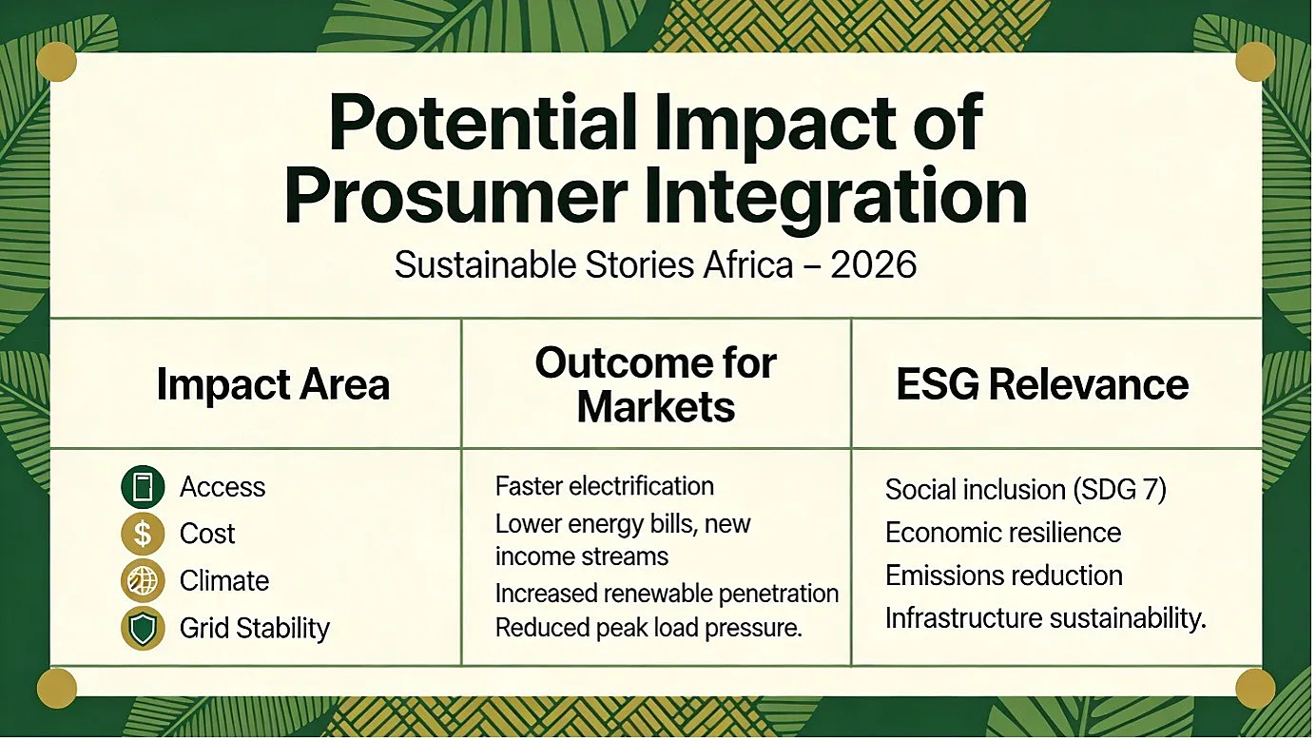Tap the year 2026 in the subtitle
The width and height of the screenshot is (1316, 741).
click(x=874, y=265)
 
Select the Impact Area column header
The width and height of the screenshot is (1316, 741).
click(x=273, y=384)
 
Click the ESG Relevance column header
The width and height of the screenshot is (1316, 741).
click(x=1043, y=384)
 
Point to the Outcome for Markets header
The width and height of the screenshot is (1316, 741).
click(x=656, y=385)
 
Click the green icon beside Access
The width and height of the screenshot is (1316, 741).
click(x=143, y=487)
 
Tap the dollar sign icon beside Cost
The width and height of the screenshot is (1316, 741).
click(x=143, y=534)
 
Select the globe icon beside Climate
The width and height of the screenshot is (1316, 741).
click(x=143, y=580)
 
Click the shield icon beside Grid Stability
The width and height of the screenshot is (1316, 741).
click(x=143, y=628)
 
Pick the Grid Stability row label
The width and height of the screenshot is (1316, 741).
click(x=255, y=629)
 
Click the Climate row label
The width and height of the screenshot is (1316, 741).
click(x=224, y=581)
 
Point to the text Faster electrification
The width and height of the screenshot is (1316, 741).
click(x=605, y=487)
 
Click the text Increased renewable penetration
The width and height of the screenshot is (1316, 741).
click(x=667, y=594)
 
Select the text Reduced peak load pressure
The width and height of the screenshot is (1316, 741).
click(x=648, y=628)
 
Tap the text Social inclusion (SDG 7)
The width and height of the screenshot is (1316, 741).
click(x=1026, y=490)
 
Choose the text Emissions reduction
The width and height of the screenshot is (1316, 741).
click(x=1004, y=575)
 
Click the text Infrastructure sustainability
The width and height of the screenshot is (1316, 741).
click(x=1046, y=619)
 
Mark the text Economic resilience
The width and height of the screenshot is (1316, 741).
click(x=1003, y=533)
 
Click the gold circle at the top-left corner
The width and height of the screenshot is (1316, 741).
click(x=56, y=62)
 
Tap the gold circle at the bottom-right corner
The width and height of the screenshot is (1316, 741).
click(x=1255, y=688)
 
